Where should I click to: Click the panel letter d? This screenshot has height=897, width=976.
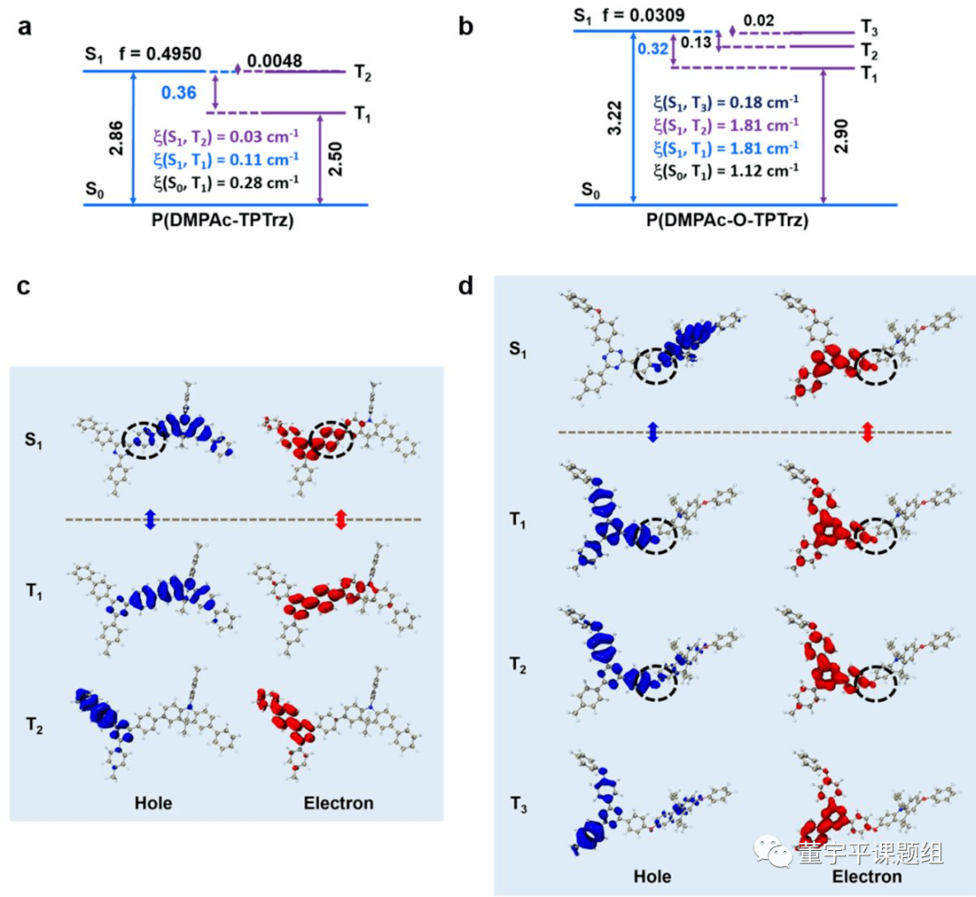(466, 288)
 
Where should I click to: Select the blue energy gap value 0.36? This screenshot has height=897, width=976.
(178, 92)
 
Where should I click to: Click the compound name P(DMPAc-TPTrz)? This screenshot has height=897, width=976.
(224, 220)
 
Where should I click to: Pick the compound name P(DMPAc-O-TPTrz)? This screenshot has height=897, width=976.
(736, 220)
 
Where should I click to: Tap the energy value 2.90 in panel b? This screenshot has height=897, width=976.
(841, 135)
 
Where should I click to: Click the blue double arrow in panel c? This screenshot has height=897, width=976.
(151, 519)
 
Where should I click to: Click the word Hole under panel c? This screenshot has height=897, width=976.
(155, 801)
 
